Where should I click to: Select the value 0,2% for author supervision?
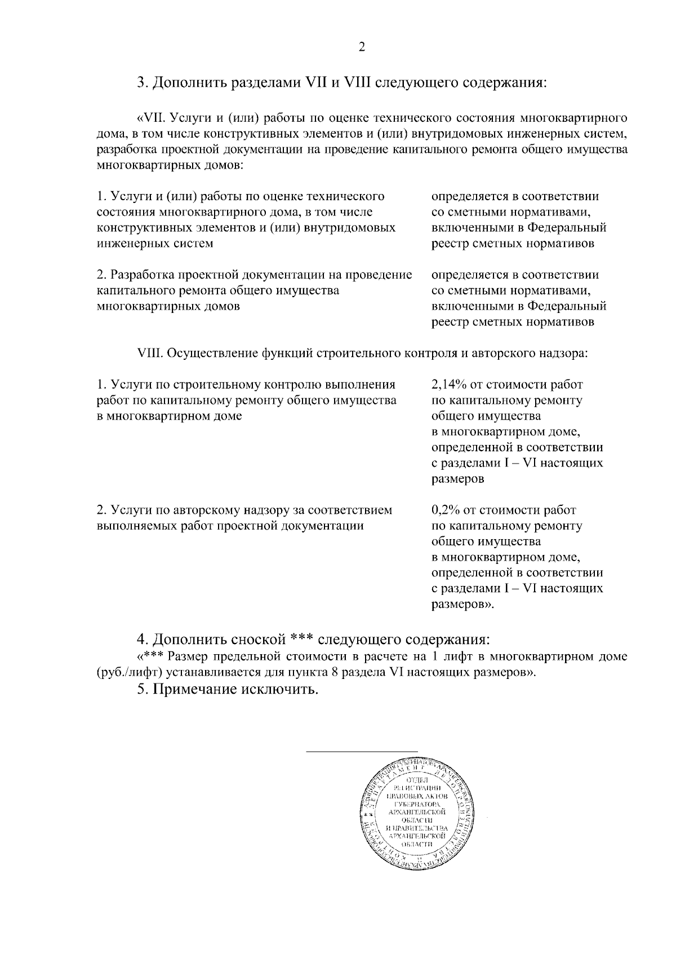coord(444,510)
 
